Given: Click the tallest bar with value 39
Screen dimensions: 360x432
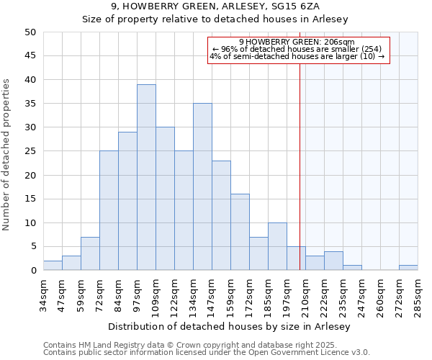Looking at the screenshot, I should tap(146, 177).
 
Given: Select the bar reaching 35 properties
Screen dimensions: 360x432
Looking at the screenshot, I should tap(202, 186).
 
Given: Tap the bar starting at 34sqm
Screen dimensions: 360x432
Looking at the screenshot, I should tap(53, 266).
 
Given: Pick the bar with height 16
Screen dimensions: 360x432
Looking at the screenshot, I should tap(240, 232).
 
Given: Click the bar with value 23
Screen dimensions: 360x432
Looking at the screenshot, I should tap(221, 215).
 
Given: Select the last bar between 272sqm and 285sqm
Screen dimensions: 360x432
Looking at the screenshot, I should tap(408, 268).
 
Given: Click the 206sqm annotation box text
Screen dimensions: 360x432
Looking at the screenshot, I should tap(298, 49).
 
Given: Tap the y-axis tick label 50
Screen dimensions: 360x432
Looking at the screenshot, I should tap(30, 32).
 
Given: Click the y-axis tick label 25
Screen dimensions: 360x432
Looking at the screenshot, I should tap(30, 151).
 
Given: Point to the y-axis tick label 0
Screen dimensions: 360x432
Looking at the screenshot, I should tap(33, 271).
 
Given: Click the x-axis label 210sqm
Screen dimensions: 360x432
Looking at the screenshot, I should tap(305, 295).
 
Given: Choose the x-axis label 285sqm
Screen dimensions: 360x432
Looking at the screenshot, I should tap(418, 295).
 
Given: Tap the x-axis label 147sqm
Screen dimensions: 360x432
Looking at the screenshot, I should tap(212, 295).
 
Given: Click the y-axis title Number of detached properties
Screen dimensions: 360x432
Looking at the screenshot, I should tap(7, 155).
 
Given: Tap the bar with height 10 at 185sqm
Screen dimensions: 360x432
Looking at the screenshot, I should tap(277, 246).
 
